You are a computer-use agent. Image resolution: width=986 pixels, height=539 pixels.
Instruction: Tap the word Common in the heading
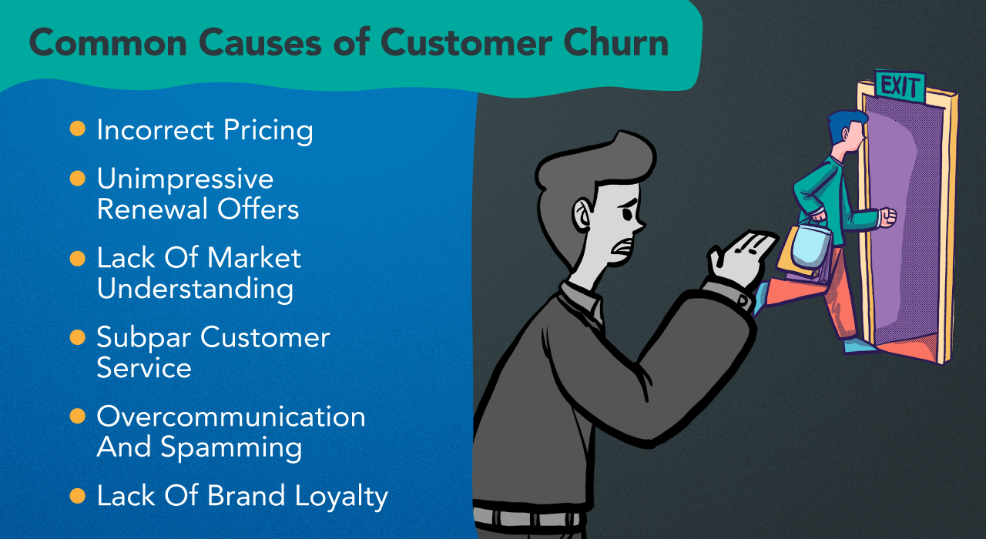click(x=109, y=43)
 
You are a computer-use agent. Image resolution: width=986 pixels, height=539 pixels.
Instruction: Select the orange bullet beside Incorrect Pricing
click(x=78, y=129)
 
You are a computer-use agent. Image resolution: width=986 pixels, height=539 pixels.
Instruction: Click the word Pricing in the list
click(x=268, y=131)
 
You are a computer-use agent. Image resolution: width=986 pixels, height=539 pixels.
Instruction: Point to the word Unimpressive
click(x=186, y=179)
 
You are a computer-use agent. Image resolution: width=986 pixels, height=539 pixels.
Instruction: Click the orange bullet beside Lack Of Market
click(x=78, y=258)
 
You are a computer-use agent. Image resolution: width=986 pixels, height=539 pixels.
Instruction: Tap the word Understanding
click(x=195, y=289)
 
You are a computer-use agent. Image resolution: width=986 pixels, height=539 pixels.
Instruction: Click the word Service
click(x=144, y=368)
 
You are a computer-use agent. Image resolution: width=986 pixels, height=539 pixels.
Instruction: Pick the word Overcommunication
click(x=231, y=417)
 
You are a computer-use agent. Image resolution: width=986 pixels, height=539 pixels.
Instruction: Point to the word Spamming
click(x=232, y=448)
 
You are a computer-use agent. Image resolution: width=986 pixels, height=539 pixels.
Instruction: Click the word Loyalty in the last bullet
click(x=341, y=497)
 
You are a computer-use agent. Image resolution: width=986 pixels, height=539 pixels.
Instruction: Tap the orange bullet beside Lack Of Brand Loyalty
click(x=78, y=496)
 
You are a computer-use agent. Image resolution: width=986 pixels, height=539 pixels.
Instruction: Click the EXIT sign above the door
click(x=900, y=85)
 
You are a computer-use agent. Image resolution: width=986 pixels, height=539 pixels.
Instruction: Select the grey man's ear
click(x=583, y=214)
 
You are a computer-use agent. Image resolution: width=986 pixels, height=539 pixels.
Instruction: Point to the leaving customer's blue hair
click(x=843, y=123)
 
